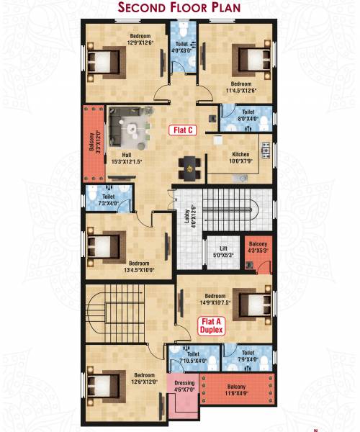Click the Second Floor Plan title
pyautogui.click(x=179, y=9)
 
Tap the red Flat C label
pyautogui.click(x=182, y=130)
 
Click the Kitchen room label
pyautogui.click(x=241, y=158)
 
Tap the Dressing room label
pyautogui.click(x=185, y=386)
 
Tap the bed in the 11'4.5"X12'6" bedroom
pyautogui.click(x=248, y=57)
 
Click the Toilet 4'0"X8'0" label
pyautogui.click(x=182, y=48)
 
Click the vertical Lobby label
pyautogui.click(x=186, y=216)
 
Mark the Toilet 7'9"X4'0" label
pyautogui.click(x=248, y=356)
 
